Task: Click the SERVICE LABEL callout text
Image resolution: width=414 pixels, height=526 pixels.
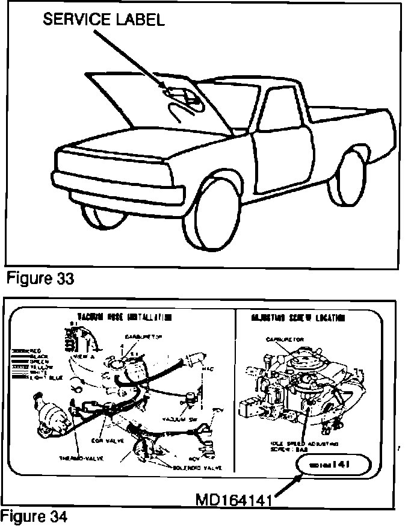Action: [x=103, y=20]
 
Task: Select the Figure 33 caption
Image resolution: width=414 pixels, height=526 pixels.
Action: [x=40, y=280]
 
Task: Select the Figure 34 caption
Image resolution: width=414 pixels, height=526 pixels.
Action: [x=34, y=516]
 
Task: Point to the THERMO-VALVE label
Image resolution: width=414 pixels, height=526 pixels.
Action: [x=81, y=458]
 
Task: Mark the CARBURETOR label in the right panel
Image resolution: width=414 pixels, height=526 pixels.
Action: [x=285, y=339]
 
